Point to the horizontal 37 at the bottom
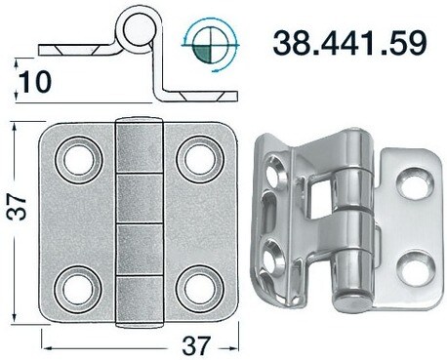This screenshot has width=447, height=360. click(196, 343)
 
